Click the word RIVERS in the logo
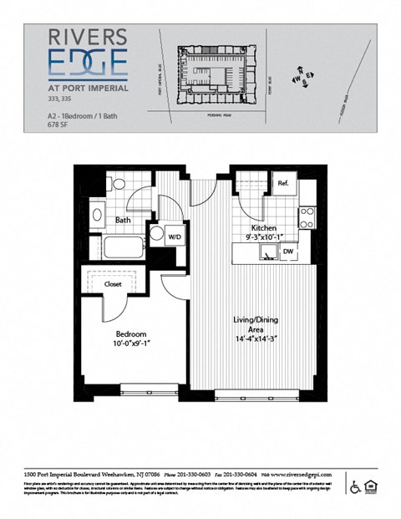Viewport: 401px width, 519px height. pyautogui.click(x=88, y=37)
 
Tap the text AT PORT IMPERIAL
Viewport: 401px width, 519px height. pyautogui.click(x=88, y=88)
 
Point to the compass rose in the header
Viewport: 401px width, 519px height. pyautogui.click(x=302, y=78)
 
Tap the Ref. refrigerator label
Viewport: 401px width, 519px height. pyautogui.click(x=284, y=183)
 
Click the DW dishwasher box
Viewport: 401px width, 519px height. pyautogui.click(x=288, y=250)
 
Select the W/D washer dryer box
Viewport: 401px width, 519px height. pyautogui.click(x=175, y=235)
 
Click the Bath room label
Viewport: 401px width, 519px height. pyautogui.click(x=123, y=221)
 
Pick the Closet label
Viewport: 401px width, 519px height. pyautogui.click(x=113, y=284)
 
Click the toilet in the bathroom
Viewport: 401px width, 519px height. pyautogui.click(x=119, y=184)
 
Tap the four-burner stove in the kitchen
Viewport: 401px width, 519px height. pyautogui.click(x=307, y=217)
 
